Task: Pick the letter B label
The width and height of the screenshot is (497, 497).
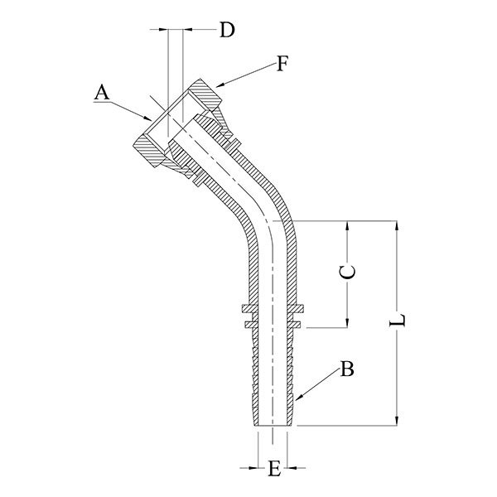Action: (x=348, y=369)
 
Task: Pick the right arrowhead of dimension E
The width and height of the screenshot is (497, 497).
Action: (x=294, y=466)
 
